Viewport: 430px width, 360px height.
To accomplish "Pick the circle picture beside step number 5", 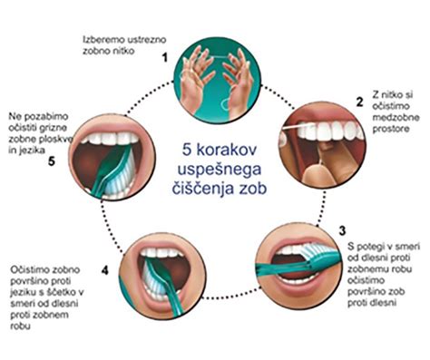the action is pos(113,156).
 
